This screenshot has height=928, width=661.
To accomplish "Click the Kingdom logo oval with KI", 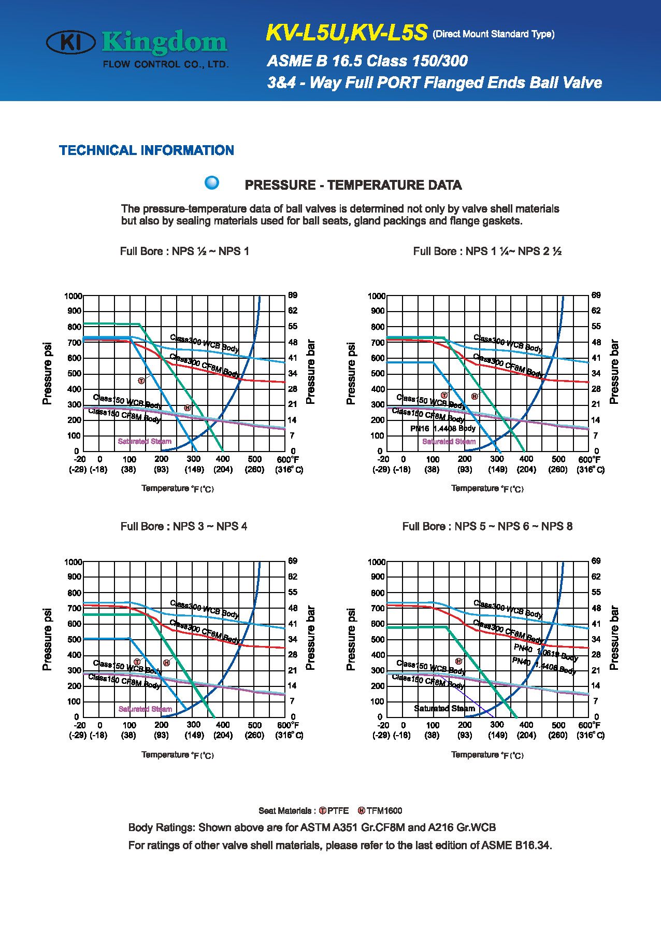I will (x=71, y=43).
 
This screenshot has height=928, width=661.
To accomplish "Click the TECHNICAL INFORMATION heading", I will (x=147, y=150).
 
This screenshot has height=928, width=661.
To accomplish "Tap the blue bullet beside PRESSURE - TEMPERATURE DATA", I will (x=212, y=183).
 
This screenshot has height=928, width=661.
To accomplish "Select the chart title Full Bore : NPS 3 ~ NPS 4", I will (x=184, y=526).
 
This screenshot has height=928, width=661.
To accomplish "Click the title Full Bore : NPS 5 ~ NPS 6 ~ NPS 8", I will (x=487, y=526).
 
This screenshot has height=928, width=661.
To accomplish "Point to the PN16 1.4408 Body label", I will (x=443, y=429).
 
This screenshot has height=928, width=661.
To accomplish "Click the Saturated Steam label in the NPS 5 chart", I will (x=444, y=708).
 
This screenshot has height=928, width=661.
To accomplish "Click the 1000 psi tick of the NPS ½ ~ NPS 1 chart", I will (x=73, y=296).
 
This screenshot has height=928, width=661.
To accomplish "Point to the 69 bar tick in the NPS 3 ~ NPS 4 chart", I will (x=293, y=561).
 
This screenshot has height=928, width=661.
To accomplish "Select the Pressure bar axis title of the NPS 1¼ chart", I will (x=614, y=372).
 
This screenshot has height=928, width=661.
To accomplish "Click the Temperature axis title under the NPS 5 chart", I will (x=487, y=755).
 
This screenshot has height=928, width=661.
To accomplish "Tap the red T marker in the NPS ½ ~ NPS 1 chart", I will (x=141, y=381).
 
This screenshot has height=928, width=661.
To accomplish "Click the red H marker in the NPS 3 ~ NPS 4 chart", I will (x=166, y=663).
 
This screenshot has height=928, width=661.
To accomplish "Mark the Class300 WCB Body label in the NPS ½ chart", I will (x=205, y=344).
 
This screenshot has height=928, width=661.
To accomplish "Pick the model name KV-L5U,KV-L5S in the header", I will (x=346, y=33).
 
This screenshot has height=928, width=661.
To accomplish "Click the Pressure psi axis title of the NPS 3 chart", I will (x=47, y=639).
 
